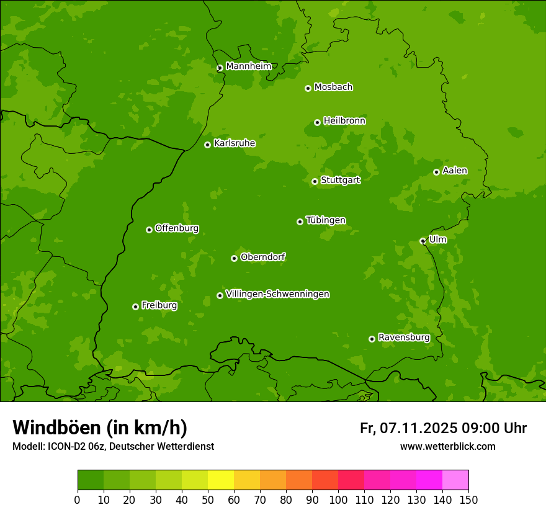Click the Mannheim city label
click(248, 66)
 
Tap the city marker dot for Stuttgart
click(315, 181)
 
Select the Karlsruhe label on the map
click(234, 143)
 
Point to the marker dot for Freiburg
click(135, 307)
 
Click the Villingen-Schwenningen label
click(277, 294)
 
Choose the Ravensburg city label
click(403, 338)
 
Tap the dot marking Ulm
click(423, 241)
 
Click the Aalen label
click(454, 171)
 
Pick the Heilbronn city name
click(344, 121)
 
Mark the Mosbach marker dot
click(308, 88)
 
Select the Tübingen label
click(325, 220)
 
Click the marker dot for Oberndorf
click(234, 258)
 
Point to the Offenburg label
click(176, 228)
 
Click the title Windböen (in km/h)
click(100, 428)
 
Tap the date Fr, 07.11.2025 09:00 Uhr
click(443, 428)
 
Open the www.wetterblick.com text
click(447, 446)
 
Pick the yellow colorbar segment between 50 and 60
click(221, 480)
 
